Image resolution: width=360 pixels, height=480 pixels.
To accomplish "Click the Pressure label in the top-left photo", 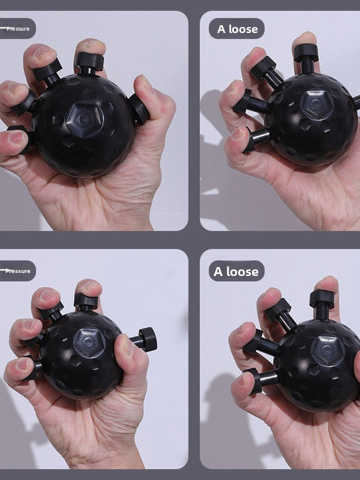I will [16, 28].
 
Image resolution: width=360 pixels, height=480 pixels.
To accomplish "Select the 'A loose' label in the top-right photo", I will [236, 28].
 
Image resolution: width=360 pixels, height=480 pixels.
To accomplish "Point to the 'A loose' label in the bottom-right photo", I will [236, 271].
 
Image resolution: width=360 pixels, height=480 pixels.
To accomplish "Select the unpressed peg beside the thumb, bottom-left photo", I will [146, 339].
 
